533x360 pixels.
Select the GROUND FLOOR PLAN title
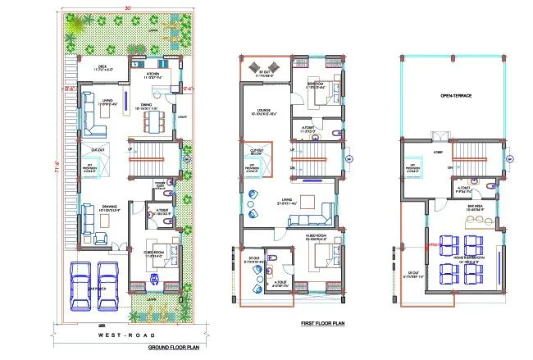[174, 348]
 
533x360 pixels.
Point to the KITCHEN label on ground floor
[152, 74]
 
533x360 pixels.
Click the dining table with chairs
[153, 121]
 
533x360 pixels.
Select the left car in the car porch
[83, 283]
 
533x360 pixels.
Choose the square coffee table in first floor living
[308, 202]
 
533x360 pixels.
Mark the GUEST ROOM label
[152, 253]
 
